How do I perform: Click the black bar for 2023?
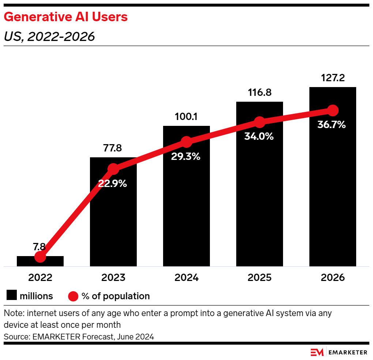click(x=113, y=220)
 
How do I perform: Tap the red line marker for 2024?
click(x=186, y=142)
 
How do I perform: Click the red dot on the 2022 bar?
click(x=40, y=257)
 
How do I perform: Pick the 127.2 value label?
click(x=333, y=78)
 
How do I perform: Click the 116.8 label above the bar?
click(x=259, y=93)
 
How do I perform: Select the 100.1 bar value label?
click(x=186, y=117)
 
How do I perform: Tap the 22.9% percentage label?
click(x=112, y=184)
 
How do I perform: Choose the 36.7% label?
click(x=332, y=125)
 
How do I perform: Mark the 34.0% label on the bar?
click(x=259, y=136)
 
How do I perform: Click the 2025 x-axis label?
click(x=260, y=277)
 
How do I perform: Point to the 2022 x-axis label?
click(x=40, y=277)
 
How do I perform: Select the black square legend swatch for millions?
click(x=11, y=296)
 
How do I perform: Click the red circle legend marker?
click(x=74, y=296)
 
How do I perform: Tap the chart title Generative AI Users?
click(x=66, y=17)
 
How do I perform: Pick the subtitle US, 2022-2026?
click(x=49, y=37)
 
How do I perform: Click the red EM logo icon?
click(x=317, y=352)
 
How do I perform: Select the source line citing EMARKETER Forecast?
click(x=79, y=337)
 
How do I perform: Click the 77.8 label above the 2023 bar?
click(x=113, y=149)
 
